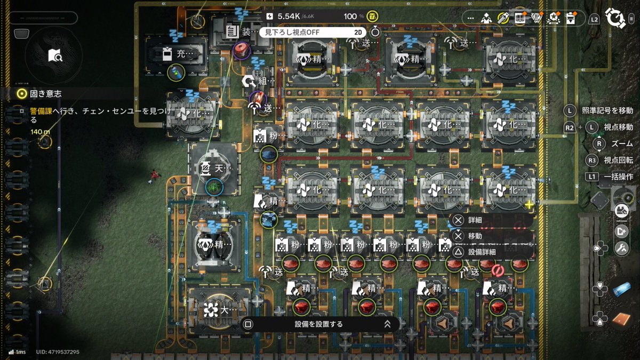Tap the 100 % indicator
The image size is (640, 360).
click(350, 17)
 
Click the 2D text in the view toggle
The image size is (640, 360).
click(358, 32)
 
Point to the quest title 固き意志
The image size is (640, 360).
click(46, 93)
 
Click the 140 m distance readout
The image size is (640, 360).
click(40, 131)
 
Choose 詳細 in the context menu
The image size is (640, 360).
click(475, 220)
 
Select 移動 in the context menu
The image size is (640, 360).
click(475, 236)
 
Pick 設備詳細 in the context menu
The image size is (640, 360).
click(482, 252)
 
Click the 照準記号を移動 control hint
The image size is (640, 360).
click(607, 110)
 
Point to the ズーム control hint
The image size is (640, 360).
click(622, 144)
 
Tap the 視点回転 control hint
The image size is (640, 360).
click(618, 160)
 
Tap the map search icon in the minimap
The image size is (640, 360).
click(55, 55)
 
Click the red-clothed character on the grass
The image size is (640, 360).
click(153, 175)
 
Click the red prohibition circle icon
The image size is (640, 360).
click(497, 270)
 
